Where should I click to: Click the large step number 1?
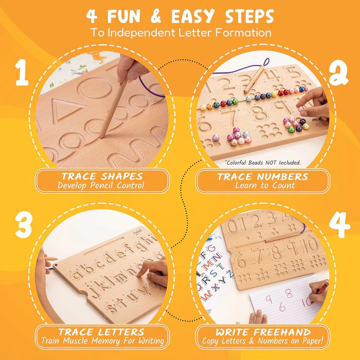(x=21, y=73)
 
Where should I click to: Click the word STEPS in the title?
(x=244, y=16)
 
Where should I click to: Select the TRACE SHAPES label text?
(x=102, y=176)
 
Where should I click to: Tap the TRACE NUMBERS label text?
(x=263, y=176)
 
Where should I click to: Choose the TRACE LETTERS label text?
(x=102, y=332)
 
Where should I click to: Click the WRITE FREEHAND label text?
(x=263, y=332)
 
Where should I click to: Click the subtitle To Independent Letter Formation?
(x=180, y=33)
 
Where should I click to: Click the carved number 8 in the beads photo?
(x=258, y=112)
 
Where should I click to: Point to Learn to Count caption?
(x=263, y=186)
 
